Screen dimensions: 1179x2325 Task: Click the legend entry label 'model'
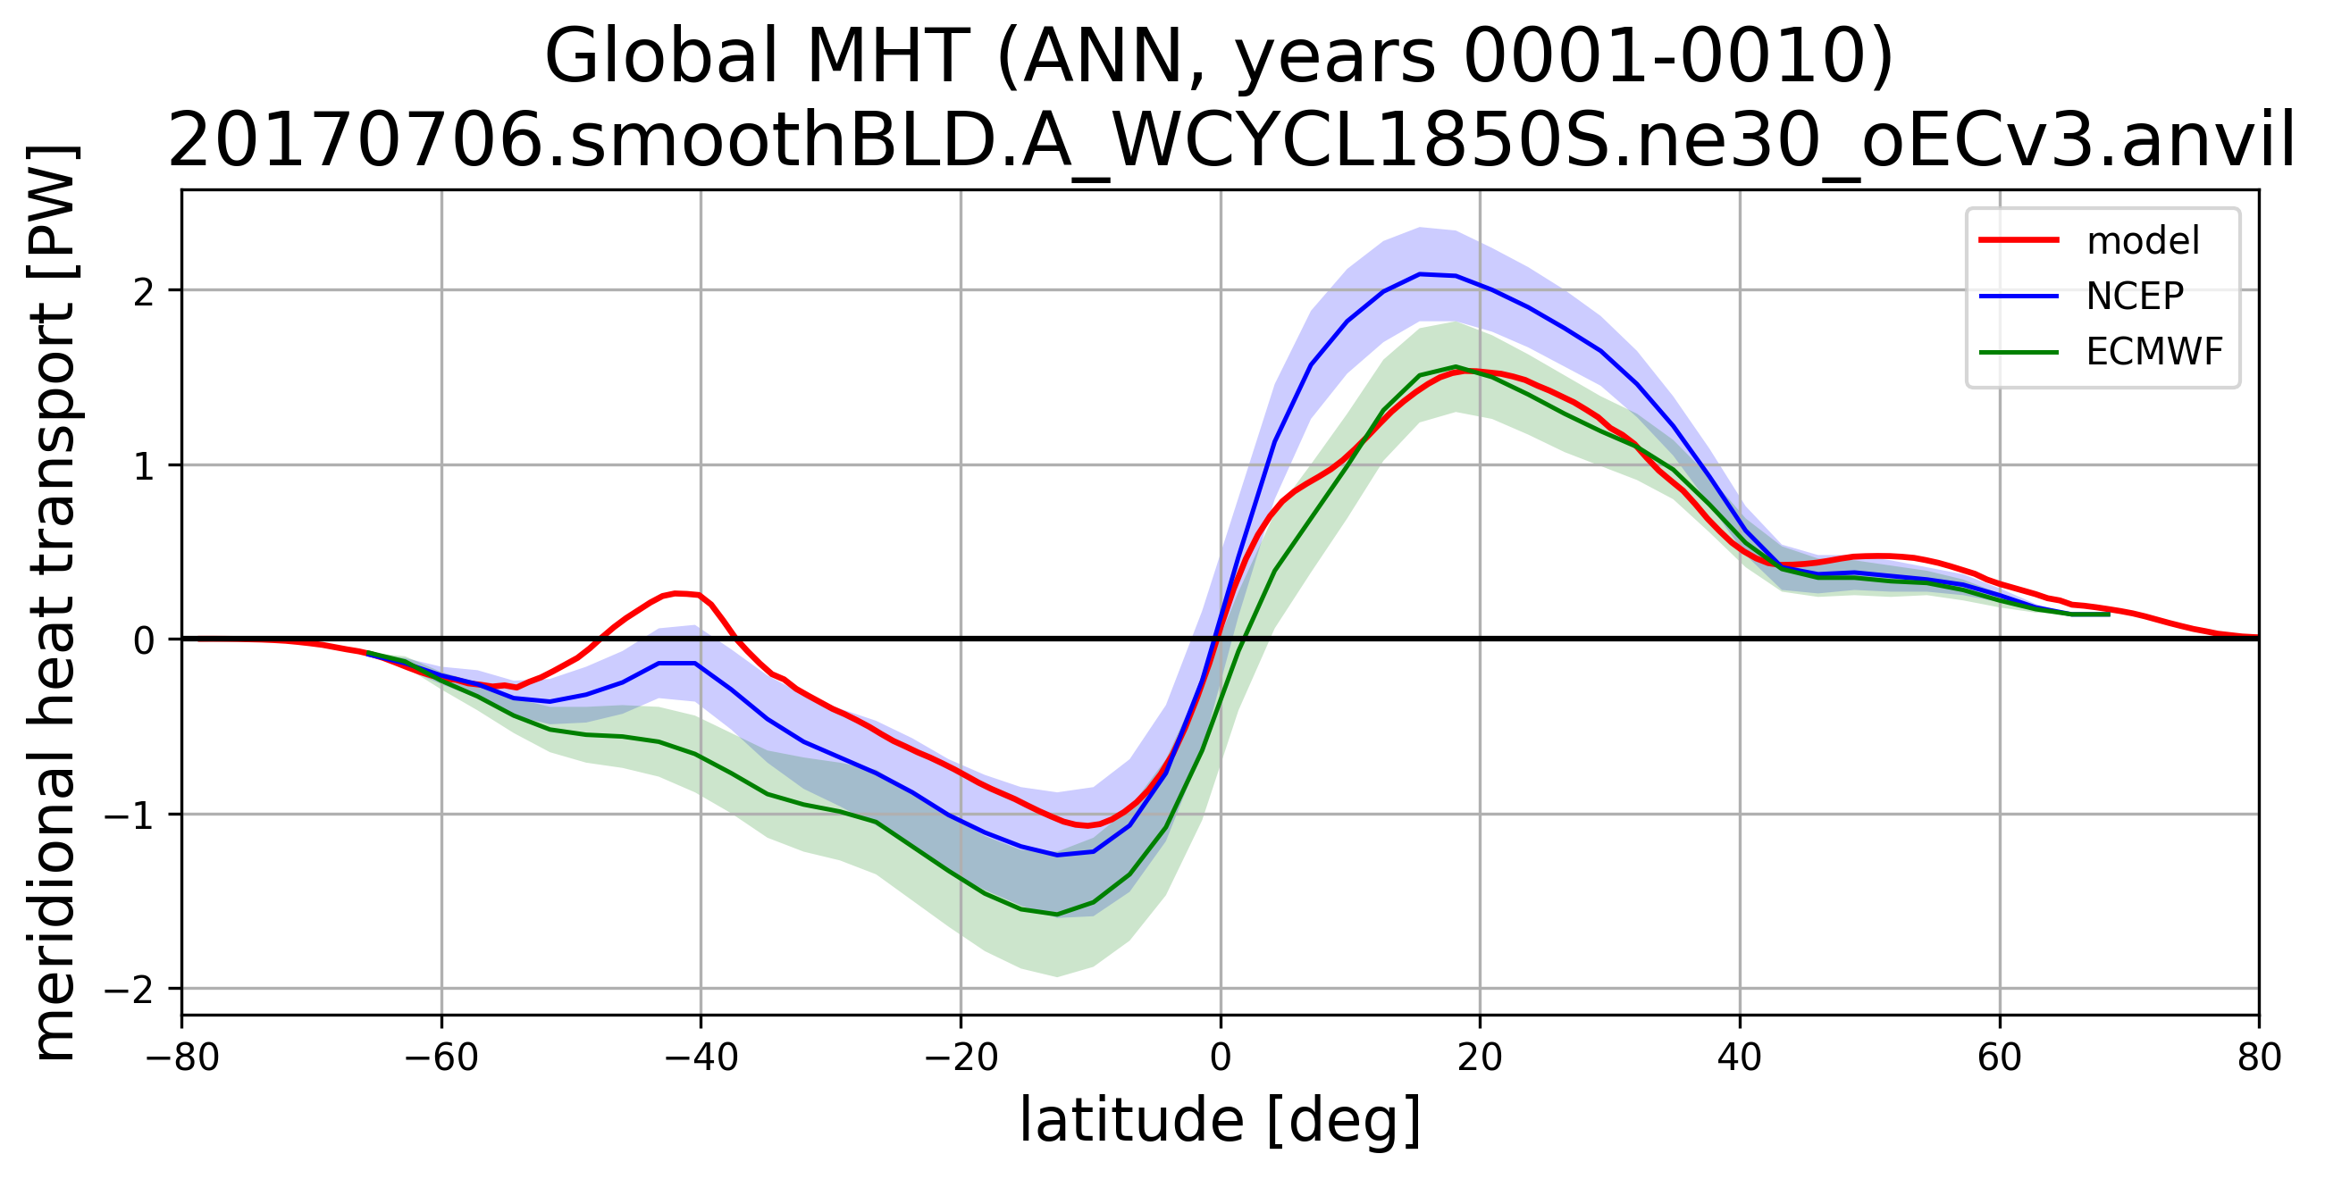(2143, 241)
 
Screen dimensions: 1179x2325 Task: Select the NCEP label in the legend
(2135, 296)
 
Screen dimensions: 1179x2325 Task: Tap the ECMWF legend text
(2153, 352)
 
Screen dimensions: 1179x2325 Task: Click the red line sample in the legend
(2019, 240)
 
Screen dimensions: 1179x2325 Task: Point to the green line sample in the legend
(2019, 352)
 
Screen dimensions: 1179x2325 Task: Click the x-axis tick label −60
(441, 1058)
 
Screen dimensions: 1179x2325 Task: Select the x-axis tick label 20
(1481, 1058)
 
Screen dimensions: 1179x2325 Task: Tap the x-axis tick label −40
(701, 1058)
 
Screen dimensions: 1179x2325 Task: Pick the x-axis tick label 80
(2259, 1058)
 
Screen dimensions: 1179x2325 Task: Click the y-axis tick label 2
(145, 291)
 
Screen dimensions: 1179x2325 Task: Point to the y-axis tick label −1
(130, 815)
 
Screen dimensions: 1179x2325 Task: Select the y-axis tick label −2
(130, 990)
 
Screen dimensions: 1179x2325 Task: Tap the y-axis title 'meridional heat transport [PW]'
(53, 602)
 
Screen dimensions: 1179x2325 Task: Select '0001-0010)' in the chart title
(1678, 56)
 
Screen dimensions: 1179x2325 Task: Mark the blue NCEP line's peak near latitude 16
(1421, 273)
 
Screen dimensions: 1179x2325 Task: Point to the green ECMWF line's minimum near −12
(1058, 915)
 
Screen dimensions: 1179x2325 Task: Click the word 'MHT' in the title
(887, 56)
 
